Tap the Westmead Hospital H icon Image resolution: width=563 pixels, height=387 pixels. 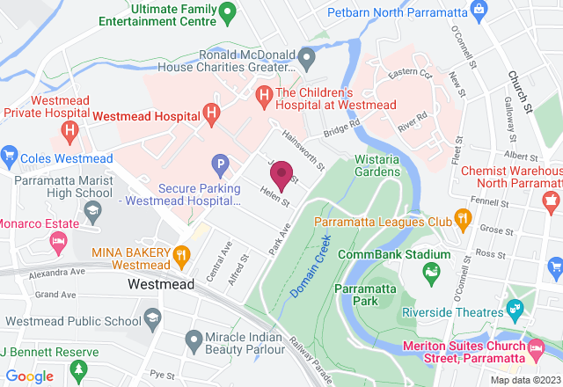(211, 114)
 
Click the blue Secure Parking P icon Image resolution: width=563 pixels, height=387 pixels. (220, 164)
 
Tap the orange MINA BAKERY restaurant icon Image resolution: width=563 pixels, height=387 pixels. (181, 255)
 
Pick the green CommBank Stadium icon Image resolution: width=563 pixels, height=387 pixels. (431, 276)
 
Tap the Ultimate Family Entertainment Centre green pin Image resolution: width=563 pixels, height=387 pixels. (227, 12)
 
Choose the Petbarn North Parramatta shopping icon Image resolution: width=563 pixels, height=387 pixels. (479, 11)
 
